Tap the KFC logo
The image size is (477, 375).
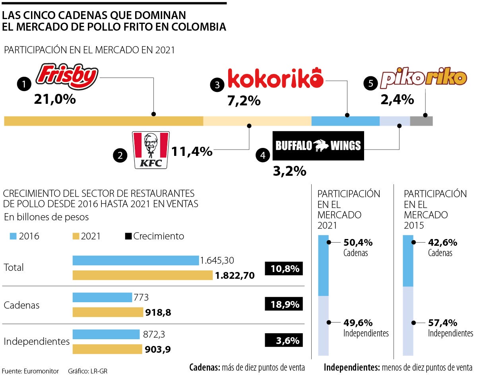click(x=151, y=150)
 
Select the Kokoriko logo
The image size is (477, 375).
click(x=275, y=79)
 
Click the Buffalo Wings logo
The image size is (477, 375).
click(x=318, y=146)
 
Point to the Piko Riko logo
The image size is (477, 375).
click(x=424, y=79)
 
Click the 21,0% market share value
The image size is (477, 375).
click(x=55, y=99)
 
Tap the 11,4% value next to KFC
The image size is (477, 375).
click(x=192, y=151)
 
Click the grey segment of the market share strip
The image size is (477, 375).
click(x=421, y=121)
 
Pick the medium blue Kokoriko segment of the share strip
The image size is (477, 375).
click(x=345, y=121)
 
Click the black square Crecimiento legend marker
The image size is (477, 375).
click(x=128, y=236)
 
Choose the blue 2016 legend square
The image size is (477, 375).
click(x=13, y=236)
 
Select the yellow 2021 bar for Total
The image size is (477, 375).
click(x=142, y=275)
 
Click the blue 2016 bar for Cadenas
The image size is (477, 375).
click(x=102, y=297)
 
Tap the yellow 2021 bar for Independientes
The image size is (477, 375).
click(x=107, y=349)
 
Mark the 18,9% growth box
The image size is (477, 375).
click(x=284, y=305)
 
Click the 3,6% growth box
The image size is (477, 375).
click(x=284, y=341)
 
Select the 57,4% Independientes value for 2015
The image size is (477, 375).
click(x=442, y=323)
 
